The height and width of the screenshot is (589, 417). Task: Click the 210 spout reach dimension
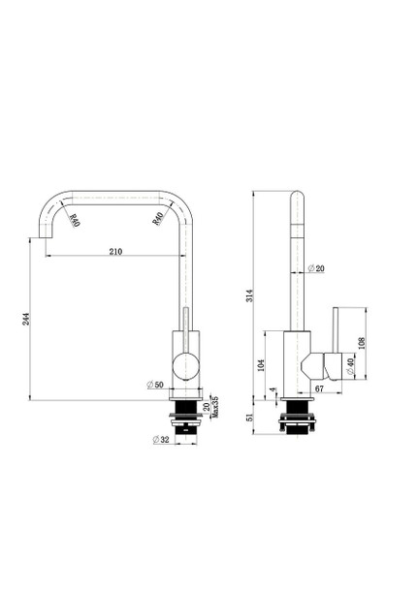115,252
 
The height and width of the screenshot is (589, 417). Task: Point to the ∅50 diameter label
154,386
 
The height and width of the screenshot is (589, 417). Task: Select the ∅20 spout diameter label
315,267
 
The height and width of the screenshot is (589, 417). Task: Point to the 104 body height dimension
260,364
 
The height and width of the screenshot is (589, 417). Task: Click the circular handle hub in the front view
184,365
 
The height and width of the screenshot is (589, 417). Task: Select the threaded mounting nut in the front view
184,418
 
